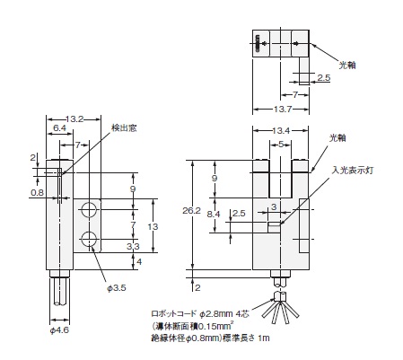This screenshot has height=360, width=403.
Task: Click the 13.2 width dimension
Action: coord(74,119)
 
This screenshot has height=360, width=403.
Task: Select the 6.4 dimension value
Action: coord(59,128)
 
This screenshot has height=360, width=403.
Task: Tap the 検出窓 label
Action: coord(124,127)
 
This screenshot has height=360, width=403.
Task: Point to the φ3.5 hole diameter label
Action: coord(117,288)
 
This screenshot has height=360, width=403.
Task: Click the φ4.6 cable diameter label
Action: coord(59,330)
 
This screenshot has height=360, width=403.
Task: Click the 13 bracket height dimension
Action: coord(153,226)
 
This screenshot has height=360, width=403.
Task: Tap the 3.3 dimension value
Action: coord(133,246)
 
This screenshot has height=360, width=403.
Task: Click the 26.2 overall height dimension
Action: coord(191,211)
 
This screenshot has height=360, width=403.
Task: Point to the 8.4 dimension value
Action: coord(214,214)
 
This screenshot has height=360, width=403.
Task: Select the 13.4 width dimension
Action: coord(281,131)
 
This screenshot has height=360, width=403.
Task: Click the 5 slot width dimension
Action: coord(281,145)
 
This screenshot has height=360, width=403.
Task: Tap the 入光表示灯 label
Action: coord(353,171)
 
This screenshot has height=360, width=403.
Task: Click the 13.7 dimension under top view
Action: coord(282,110)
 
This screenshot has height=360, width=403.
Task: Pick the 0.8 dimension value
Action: coord(38,192)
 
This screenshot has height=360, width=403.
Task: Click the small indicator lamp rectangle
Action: coord(274,227)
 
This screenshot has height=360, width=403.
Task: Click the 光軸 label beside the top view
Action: coord(347,65)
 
